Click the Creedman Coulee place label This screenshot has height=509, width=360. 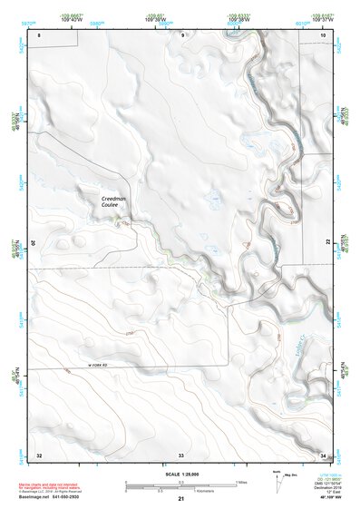pos(115,201)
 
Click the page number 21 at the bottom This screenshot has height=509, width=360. pos(181,500)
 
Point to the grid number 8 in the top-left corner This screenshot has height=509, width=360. pos(39,34)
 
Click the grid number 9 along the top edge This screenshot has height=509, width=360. pos(182,34)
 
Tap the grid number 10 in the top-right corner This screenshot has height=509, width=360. pos(324,34)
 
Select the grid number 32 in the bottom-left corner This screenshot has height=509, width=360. pos(39,454)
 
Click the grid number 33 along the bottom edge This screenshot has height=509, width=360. pos(181,454)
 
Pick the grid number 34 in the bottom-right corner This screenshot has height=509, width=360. pos(324,454)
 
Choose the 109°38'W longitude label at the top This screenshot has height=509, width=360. pos(238,20)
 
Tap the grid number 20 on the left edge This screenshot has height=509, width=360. pos(32,243)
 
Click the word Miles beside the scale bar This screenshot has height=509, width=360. pos(242,481)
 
